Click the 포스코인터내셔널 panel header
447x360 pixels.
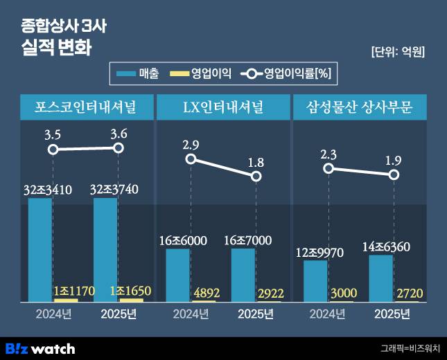(x=85, y=107)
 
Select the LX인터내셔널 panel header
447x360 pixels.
(x=222, y=107)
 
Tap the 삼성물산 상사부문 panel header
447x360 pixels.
(x=360, y=107)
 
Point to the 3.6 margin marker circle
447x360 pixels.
(x=119, y=147)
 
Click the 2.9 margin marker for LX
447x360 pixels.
(x=191, y=159)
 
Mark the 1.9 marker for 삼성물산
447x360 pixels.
(x=394, y=174)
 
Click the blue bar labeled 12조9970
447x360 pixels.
(x=315, y=280)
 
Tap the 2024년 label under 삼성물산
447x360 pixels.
(x=326, y=314)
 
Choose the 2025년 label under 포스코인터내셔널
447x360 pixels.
(x=119, y=314)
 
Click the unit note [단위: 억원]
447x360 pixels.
(x=398, y=51)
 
